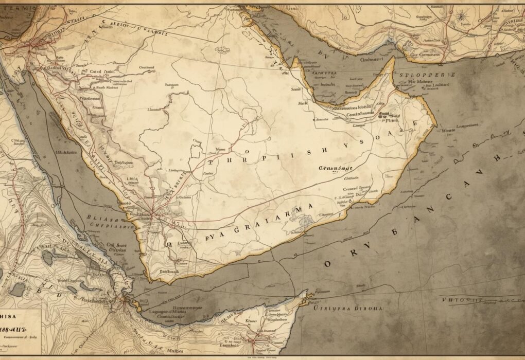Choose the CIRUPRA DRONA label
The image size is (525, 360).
348,309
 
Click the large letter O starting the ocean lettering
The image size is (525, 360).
327,264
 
